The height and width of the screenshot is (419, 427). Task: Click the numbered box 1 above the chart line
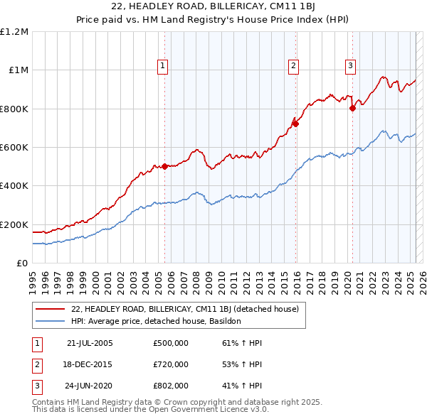click(x=163, y=66)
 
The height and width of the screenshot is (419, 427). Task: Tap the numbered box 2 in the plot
click(x=293, y=66)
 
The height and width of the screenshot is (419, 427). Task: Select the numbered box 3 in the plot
click(x=351, y=66)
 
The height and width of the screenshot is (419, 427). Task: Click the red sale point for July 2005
click(x=164, y=166)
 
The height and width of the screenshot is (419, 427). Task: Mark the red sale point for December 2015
click(x=296, y=124)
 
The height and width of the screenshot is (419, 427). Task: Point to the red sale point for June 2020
click(x=352, y=108)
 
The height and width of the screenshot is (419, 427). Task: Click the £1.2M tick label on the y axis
click(x=14, y=32)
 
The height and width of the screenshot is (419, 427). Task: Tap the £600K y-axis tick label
click(x=14, y=148)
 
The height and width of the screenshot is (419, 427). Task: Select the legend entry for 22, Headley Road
click(x=189, y=309)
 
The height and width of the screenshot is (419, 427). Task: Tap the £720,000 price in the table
click(x=171, y=364)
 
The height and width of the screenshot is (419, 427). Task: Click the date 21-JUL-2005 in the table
click(x=90, y=343)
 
